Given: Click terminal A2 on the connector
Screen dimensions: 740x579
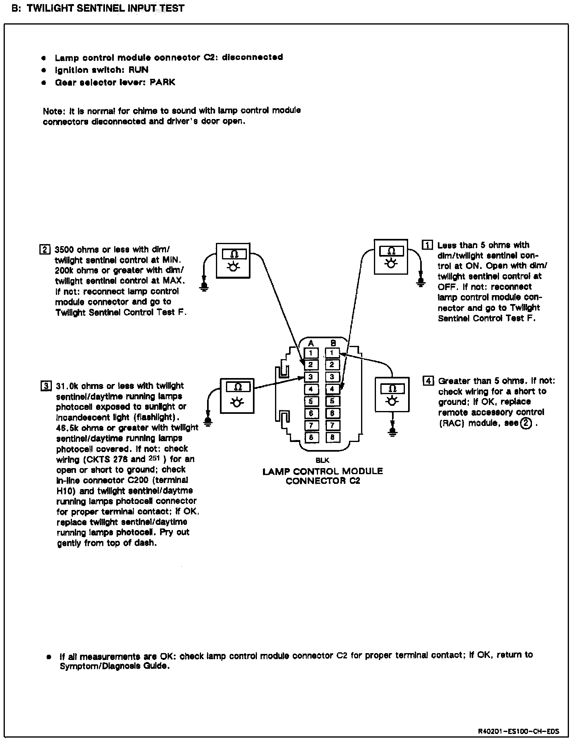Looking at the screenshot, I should click(311, 365).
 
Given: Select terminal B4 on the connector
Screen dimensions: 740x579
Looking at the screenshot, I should click(332, 389).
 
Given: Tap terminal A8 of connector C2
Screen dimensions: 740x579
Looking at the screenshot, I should click(311, 437).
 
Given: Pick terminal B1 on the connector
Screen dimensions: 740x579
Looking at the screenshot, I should click(332, 353).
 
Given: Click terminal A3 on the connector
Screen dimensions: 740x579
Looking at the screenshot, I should click(311, 377).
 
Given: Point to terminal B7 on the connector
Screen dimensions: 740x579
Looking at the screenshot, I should click(332, 425).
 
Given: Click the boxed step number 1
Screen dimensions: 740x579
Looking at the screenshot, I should click(427, 245).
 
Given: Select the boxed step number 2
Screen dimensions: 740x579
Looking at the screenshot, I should click(44, 249).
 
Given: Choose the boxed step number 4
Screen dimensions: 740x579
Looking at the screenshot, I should click(428, 380).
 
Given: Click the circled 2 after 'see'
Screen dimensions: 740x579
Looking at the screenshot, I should click(525, 423).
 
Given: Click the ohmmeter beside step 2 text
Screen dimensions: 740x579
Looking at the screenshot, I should click(233, 260).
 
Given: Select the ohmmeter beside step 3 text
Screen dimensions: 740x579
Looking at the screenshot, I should click(237, 396).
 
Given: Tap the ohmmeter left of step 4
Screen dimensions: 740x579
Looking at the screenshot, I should click(392, 395).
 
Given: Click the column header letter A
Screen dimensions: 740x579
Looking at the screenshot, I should click(311, 343).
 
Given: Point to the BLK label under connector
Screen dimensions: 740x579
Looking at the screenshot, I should click(322, 460).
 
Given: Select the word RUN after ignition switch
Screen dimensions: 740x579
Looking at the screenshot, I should click(138, 70).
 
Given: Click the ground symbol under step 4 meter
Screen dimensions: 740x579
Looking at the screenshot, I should click(392, 432).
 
